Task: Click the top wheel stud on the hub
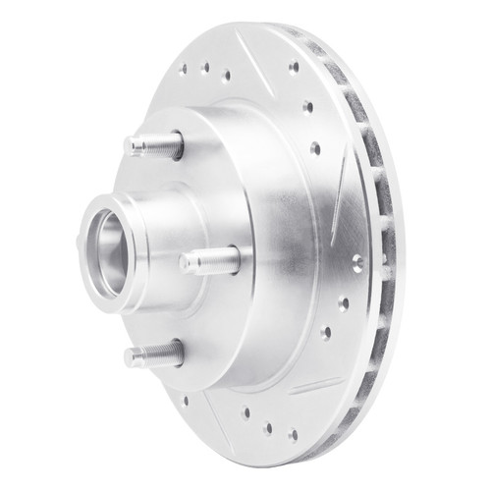(152, 145)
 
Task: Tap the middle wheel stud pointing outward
(208, 260)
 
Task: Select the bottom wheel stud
(152, 354)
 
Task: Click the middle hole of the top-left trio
(205, 68)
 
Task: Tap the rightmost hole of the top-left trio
(227, 75)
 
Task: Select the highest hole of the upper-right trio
(294, 68)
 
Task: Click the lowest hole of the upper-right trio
(315, 148)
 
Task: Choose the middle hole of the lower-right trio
(343, 303)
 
